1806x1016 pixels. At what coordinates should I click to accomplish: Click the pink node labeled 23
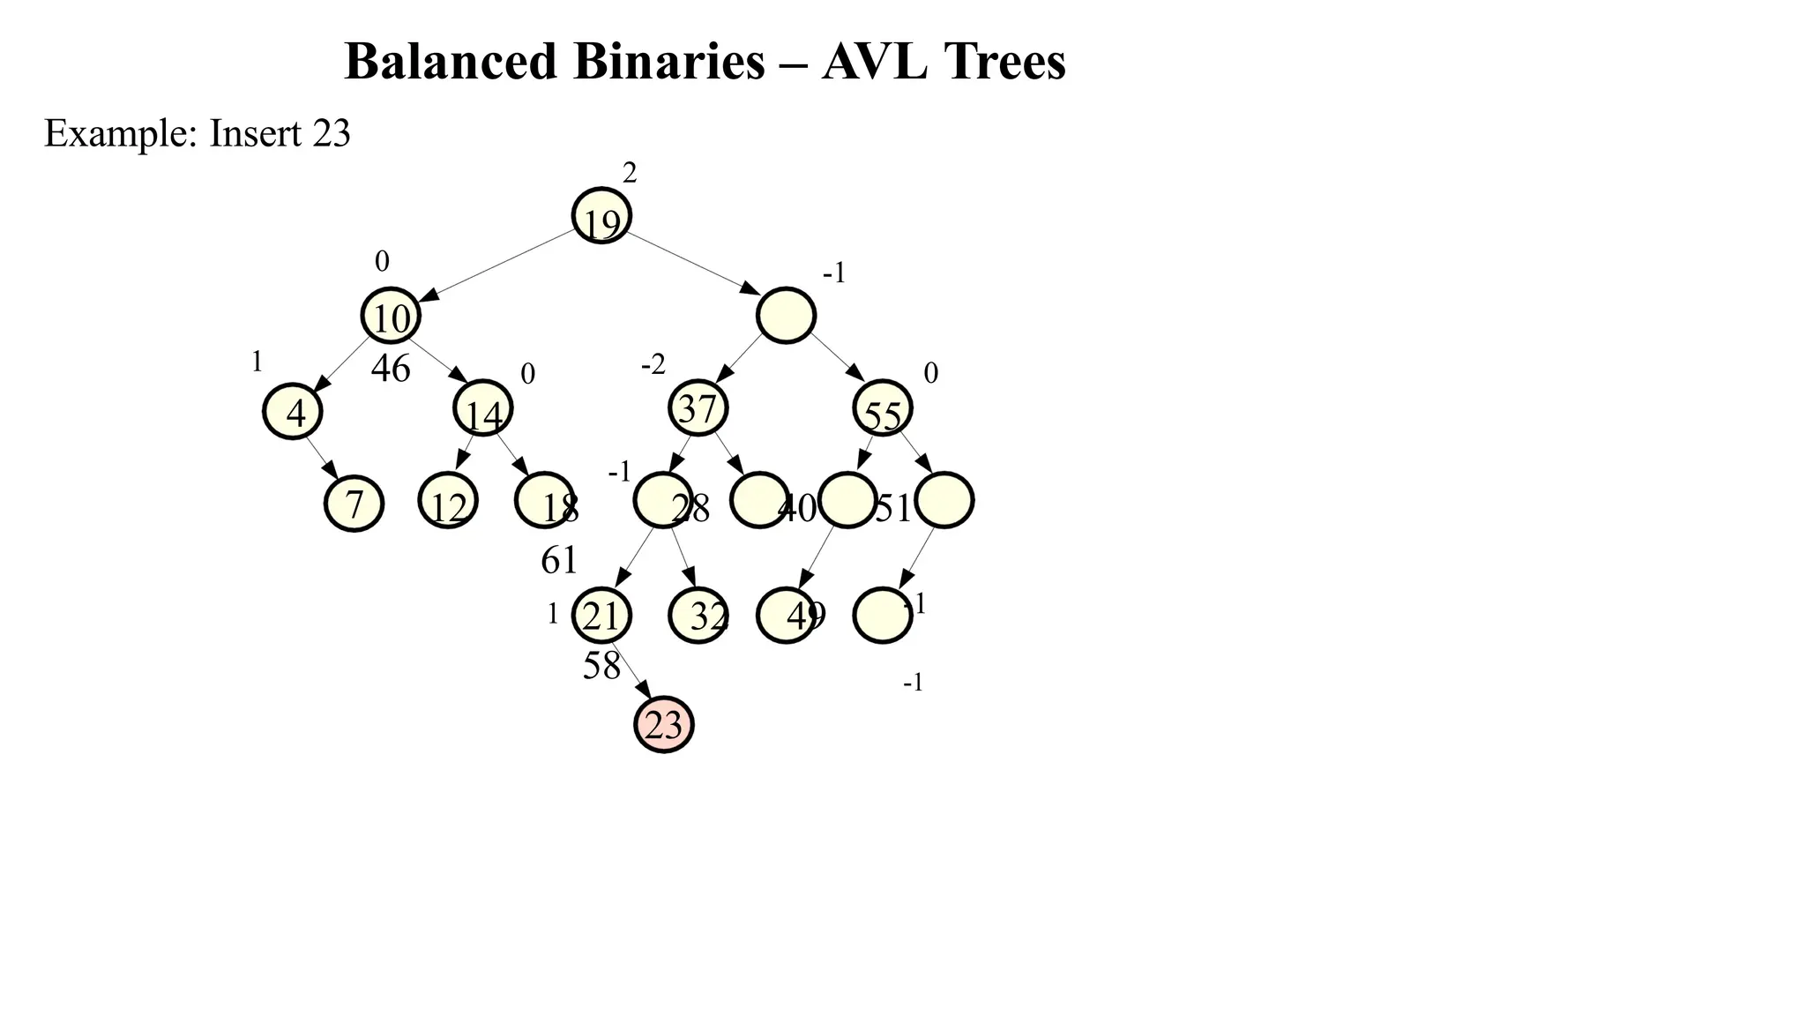[x=663, y=724]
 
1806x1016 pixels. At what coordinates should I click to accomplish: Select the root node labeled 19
[x=601, y=216]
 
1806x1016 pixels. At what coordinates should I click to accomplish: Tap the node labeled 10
[x=390, y=316]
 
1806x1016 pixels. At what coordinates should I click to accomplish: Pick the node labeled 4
[x=292, y=411]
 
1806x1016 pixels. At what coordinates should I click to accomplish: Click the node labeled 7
[x=354, y=503]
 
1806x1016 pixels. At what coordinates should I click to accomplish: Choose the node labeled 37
[x=698, y=408]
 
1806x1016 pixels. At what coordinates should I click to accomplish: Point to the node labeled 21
[x=601, y=616]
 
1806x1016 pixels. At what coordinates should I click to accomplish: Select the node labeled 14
[x=482, y=409]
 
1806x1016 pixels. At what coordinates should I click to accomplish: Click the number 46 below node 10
[x=391, y=369]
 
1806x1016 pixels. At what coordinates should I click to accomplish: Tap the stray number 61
[x=559, y=560]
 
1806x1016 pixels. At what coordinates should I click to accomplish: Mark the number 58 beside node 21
[x=601, y=666]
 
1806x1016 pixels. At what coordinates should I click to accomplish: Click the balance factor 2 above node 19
[x=629, y=174]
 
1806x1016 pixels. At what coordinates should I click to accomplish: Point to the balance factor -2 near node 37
[x=653, y=364]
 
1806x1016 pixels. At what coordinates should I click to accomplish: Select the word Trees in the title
[x=1004, y=62]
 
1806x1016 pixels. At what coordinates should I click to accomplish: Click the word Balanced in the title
[x=451, y=62]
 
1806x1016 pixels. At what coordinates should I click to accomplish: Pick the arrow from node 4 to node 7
[x=322, y=457]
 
